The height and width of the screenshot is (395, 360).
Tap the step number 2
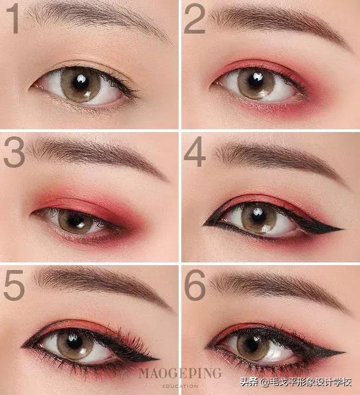click(x=194, y=18)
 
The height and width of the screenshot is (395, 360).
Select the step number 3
click(x=15, y=152)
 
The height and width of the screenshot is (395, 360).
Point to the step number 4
click(x=194, y=152)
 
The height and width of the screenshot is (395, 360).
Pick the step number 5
click(x=14, y=285)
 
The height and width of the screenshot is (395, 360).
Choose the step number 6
click(x=195, y=285)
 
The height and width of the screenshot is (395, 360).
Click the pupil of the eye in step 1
click(x=80, y=82)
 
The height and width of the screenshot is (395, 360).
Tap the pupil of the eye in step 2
click(x=255, y=81)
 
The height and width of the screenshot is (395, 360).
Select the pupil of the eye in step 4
click(x=257, y=215)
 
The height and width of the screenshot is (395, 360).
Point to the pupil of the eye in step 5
click(x=74, y=341)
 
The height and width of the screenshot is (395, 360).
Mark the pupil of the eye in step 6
click(x=253, y=343)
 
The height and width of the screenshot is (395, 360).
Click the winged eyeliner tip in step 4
click(x=342, y=229)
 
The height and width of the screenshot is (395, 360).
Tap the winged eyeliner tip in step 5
click(x=158, y=359)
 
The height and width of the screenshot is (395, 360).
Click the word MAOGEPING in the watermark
click(x=180, y=373)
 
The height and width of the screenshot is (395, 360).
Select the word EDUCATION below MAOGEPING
click(x=180, y=386)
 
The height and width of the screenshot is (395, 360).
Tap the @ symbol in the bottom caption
click(x=265, y=383)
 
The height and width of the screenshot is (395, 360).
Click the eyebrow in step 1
click(x=99, y=18)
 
